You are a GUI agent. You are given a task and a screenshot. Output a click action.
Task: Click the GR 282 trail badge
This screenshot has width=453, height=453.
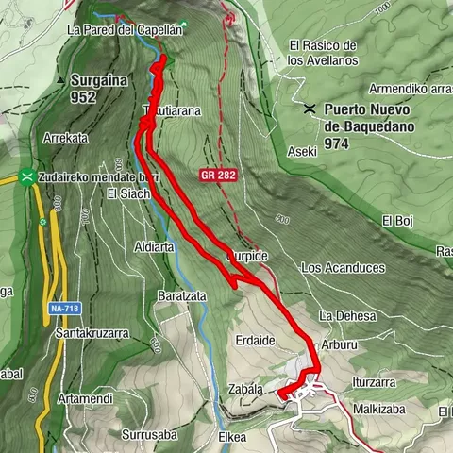[x=217, y=176]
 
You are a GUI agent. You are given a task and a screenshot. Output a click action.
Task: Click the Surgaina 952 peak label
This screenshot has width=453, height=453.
[x=97, y=88]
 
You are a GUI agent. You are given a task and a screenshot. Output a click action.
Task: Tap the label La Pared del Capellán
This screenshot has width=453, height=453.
[x=123, y=29]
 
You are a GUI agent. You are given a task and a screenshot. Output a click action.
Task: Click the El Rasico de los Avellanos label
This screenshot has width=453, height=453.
[x=323, y=53]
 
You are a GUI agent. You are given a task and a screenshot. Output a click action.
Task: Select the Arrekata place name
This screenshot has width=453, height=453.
[x=65, y=138]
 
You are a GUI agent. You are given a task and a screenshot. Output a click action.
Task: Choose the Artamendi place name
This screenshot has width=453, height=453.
[x=85, y=399]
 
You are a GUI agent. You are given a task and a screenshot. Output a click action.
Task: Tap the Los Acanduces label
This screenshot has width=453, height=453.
[x=343, y=268]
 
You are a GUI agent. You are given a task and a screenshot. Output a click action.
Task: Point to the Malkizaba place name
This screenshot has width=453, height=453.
[x=378, y=410]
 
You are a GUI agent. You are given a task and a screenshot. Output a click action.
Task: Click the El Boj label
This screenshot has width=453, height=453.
[x=398, y=221]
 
